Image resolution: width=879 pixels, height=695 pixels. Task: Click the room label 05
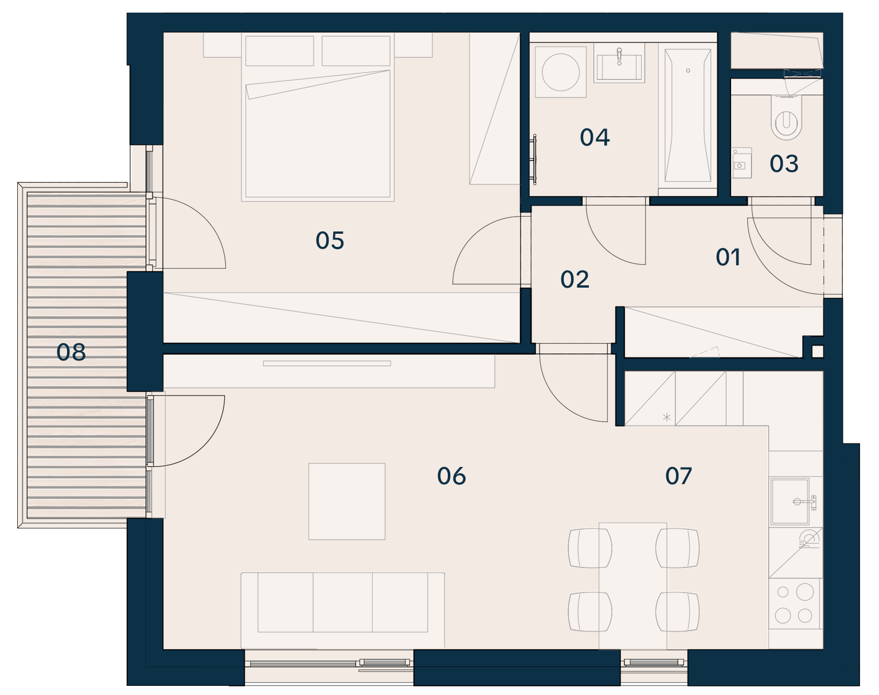[330, 241]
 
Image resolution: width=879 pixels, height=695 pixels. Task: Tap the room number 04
[595, 137]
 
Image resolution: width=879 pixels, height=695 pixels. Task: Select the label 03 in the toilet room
[784, 164]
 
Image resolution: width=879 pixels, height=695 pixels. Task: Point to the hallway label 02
[575, 280]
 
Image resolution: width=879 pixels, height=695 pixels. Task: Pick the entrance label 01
[728, 257]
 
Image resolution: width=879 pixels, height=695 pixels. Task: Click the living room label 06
[451, 476]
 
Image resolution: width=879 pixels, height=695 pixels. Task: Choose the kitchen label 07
[678, 476]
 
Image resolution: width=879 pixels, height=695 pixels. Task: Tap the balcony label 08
[71, 352]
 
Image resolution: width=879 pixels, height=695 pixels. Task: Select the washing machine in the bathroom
[560, 72]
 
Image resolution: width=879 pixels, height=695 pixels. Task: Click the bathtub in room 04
[688, 116]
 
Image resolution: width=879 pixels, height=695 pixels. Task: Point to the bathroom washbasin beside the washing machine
[619, 63]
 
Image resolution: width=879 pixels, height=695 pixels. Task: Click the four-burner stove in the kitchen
[795, 603]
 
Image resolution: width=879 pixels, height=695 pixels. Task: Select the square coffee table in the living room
[347, 501]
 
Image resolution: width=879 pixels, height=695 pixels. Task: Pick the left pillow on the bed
[279, 50]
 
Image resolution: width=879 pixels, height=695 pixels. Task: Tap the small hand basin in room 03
[741, 163]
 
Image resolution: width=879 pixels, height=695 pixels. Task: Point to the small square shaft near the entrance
[817, 351]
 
